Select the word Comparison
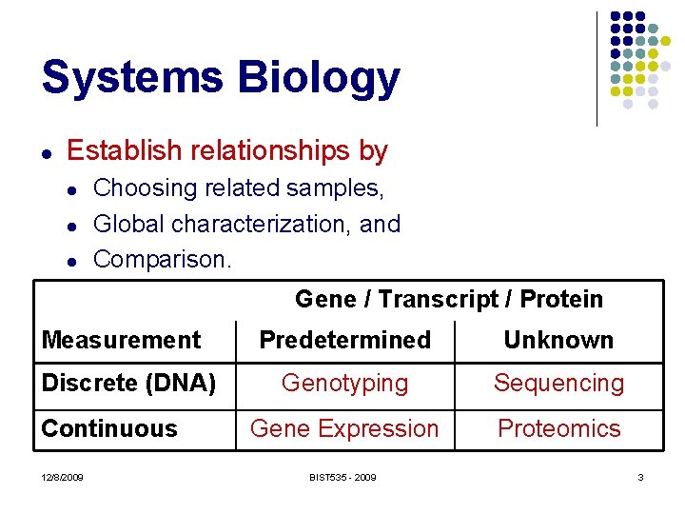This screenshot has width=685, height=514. click(x=163, y=259)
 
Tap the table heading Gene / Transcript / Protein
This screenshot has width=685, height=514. click(x=449, y=299)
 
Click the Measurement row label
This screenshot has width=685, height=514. click(x=122, y=340)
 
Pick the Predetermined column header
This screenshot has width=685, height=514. click(x=344, y=340)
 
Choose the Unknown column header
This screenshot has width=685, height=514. click(x=558, y=340)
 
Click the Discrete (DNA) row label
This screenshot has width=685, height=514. click(x=129, y=384)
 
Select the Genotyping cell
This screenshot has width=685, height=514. click(x=344, y=384)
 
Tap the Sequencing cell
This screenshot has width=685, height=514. click(x=558, y=384)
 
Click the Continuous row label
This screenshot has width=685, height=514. click(x=109, y=428)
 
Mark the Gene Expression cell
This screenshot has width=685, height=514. click(x=344, y=428)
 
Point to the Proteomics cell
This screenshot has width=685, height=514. click(x=558, y=428)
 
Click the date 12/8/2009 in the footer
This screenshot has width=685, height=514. click(x=62, y=477)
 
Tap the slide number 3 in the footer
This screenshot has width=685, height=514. click(x=640, y=477)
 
